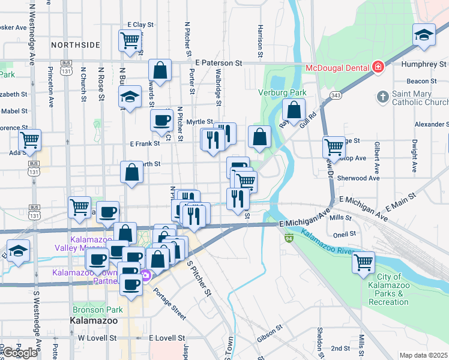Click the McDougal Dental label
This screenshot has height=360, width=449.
(337, 67)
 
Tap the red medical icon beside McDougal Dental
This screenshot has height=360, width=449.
(378, 67)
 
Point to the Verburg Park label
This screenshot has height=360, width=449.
(282, 92)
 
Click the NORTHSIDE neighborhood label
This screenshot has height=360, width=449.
(75, 45)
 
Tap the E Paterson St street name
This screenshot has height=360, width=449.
(218, 62)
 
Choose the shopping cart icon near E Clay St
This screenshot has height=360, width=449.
(130, 40)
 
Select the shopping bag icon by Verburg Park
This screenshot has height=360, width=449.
(294, 110)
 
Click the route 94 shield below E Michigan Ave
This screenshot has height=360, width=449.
(289, 238)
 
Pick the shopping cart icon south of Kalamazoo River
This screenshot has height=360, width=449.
(363, 262)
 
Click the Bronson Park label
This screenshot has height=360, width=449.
(97, 310)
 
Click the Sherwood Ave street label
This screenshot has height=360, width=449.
(358, 178)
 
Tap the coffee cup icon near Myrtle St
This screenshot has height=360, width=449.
(161, 120)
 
